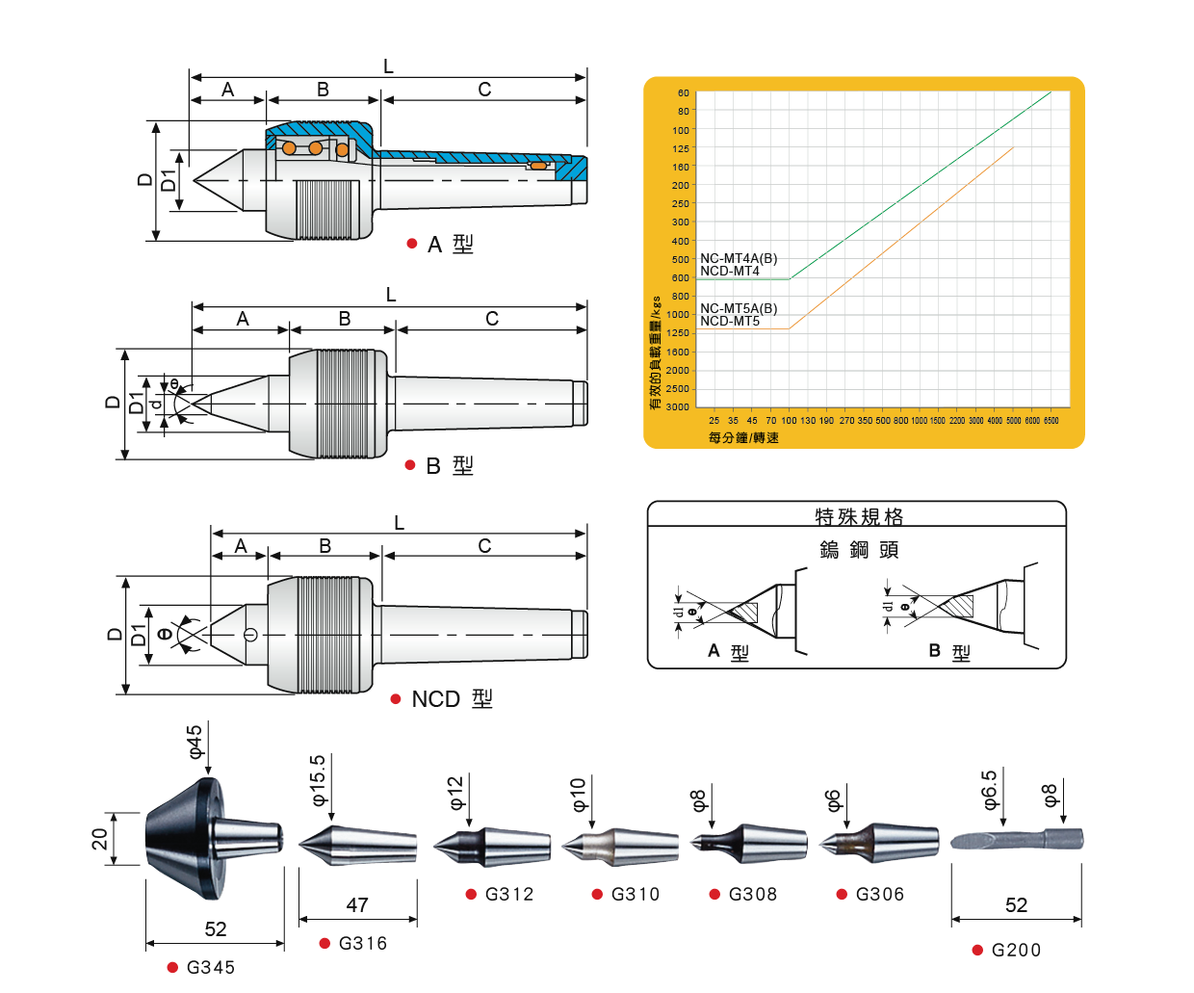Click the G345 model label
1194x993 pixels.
211,967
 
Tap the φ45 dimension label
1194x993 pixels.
195,742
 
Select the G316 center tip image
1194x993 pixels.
357,846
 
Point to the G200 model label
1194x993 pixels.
1016,950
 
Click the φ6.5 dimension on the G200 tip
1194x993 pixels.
989,790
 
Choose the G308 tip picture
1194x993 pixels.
749,844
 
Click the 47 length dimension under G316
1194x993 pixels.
357,904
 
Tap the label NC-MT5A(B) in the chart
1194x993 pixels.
739,308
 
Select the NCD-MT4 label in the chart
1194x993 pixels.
730,272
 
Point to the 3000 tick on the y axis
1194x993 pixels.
678,407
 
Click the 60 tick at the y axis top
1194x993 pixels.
683,93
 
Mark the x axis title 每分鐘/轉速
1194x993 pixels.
743,438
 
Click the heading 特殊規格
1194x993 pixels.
859,517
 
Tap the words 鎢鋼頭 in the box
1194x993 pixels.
859,549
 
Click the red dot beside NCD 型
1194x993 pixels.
396,699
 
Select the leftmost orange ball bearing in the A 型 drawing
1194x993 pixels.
289,148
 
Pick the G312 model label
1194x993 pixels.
509,894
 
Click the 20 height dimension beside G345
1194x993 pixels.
100,839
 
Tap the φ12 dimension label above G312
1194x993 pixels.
455,792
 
